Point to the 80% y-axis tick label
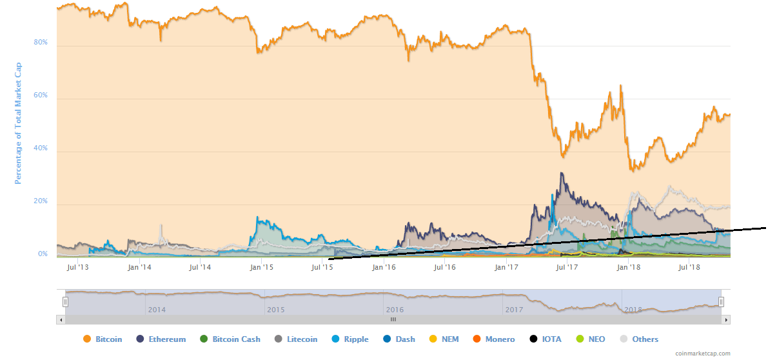41,43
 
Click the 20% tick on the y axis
41,201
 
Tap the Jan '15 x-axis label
261,266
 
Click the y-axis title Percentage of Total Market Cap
19,123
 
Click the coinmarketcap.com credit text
703,354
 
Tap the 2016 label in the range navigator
395,310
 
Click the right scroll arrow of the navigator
725,319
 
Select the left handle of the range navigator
65,301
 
